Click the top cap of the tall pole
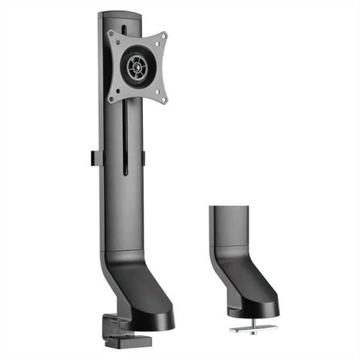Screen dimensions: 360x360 [x=120, y=16]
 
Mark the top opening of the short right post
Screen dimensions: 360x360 [x=229, y=208]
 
